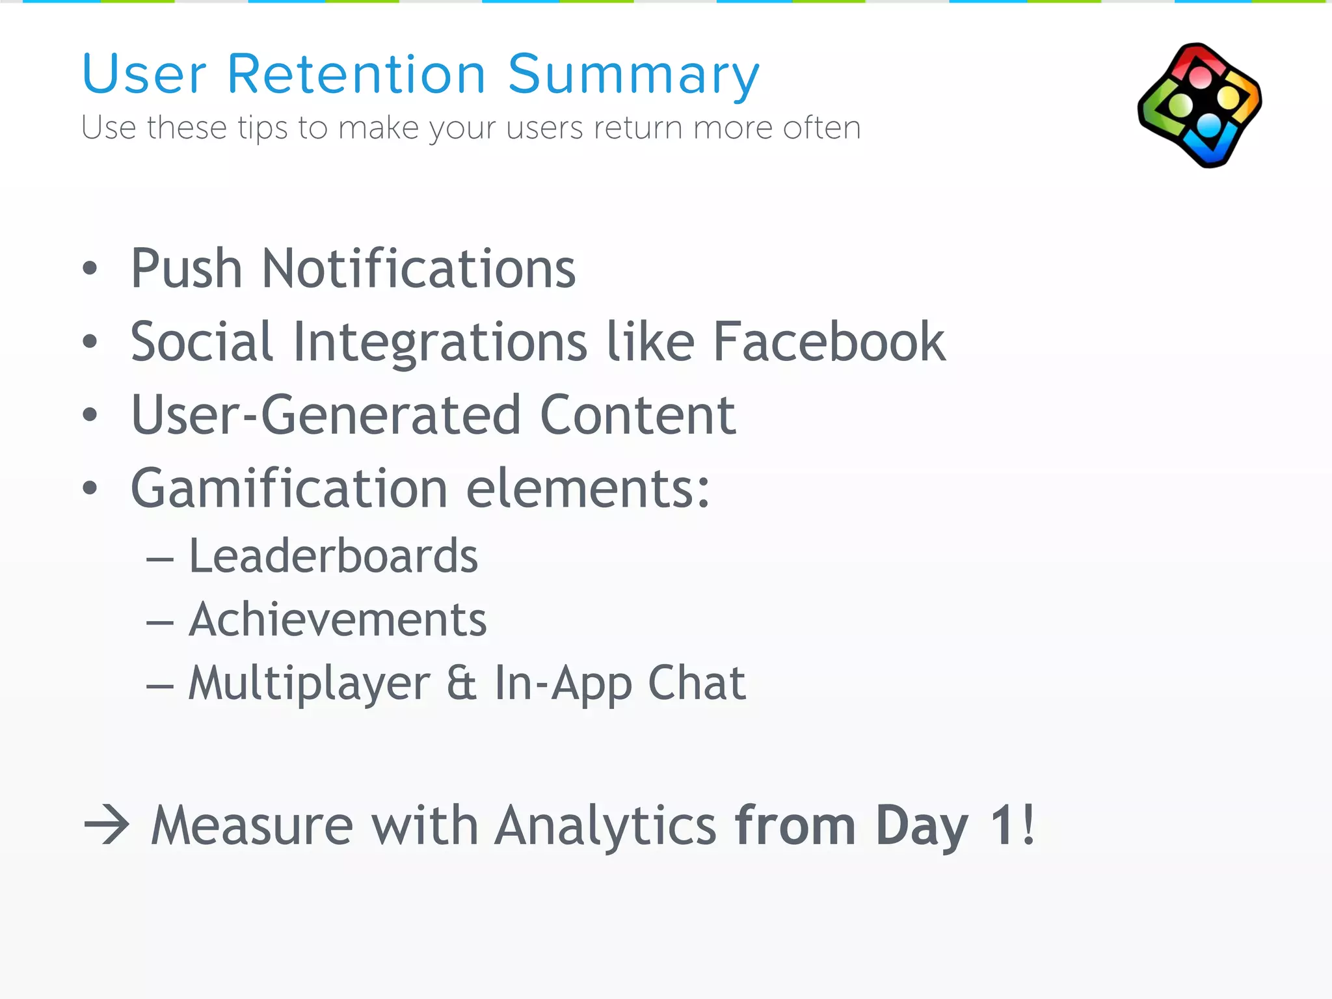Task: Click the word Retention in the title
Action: pyautogui.click(x=356, y=74)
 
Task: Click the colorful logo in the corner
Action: pyautogui.click(x=1200, y=105)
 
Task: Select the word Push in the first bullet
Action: pyautogui.click(x=187, y=269)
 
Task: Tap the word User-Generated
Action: pyautogui.click(x=326, y=415)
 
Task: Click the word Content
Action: pyautogui.click(x=637, y=415)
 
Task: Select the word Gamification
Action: pyautogui.click(x=289, y=488)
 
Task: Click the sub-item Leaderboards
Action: pyautogui.click(x=333, y=556)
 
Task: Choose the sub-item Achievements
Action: pyautogui.click(x=338, y=619)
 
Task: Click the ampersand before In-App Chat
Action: pyautogui.click(x=462, y=683)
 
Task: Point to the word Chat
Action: pyautogui.click(x=697, y=683)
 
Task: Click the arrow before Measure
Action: pyautogui.click(x=107, y=825)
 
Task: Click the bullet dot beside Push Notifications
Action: pyautogui.click(x=90, y=269)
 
